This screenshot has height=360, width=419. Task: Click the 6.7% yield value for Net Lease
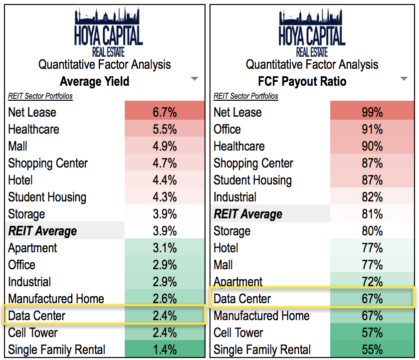click(165, 112)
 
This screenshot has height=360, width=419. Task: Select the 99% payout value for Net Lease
click(372, 112)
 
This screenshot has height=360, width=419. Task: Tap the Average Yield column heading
click(94, 81)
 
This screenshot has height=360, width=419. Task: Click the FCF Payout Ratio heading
click(303, 81)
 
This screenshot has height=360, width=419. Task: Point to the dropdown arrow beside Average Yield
click(195, 79)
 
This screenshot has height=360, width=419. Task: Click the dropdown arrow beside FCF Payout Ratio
click(404, 79)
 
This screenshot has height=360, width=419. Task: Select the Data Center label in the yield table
click(36, 316)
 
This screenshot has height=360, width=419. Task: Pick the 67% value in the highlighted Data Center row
click(372, 299)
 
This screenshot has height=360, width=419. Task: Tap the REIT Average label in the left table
click(42, 231)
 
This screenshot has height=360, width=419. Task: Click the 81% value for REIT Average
click(372, 214)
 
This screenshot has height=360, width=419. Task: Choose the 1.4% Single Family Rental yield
click(165, 350)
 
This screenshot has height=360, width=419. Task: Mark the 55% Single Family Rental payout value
click(372, 350)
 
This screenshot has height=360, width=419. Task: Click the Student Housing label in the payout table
click(252, 180)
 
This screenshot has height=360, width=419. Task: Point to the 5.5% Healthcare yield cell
click(165, 129)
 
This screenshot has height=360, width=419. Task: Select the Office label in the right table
click(227, 129)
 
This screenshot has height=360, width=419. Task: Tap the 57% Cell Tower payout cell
click(372, 333)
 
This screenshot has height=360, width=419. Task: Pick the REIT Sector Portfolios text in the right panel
click(245, 96)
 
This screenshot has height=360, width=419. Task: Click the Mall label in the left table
click(18, 146)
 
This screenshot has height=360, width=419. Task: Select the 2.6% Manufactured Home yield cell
click(165, 299)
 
